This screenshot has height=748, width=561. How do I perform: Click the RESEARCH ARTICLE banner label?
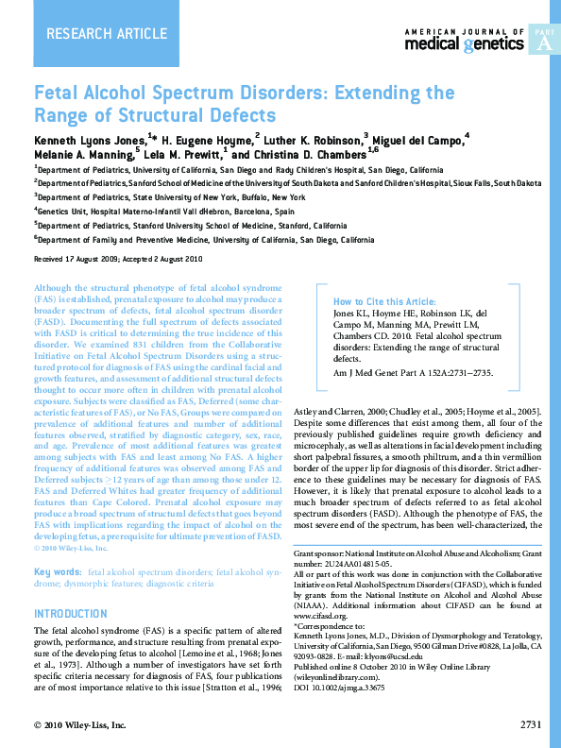click(93, 35)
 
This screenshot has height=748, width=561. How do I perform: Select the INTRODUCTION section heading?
click(71, 613)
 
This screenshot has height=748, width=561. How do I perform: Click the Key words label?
click(57, 573)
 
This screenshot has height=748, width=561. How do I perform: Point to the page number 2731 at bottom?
click(530, 724)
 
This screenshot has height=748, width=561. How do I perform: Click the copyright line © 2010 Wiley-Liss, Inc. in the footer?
click(79, 724)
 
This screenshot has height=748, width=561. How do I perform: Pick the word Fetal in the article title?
click(59, 94)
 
